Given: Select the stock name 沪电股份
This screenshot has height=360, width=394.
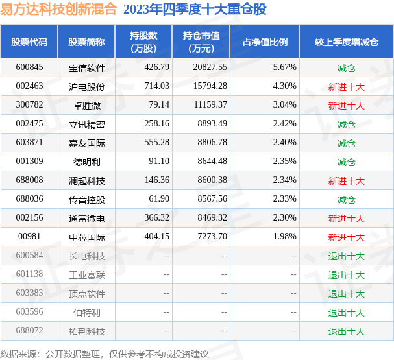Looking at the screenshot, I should pyautogui.click(x=86, y=86).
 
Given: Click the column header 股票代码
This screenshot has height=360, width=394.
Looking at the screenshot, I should pyautogui.click(x=29, y=42).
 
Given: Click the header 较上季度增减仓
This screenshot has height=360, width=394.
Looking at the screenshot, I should pyautogui.click(x=346, y=42).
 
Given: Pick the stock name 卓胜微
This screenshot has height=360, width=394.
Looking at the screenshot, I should pyautogui.click(x=86, y=105).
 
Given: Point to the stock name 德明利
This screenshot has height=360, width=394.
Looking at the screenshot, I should pyautogui.click(x=86, y=162).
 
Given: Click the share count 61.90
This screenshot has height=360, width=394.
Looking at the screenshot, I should pyautogui.click(x=158, y=200).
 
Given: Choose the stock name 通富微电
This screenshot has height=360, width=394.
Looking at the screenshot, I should pyautogui.click(x=86, y=219).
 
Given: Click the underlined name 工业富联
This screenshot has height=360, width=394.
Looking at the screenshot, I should pyautogui.click(x=86, y=275).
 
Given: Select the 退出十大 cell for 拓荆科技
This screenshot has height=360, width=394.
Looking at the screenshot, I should pyautogui.click(x=346, y=331).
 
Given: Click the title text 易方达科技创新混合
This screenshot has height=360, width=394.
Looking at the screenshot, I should pyautogui.click(x=58, y=9).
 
